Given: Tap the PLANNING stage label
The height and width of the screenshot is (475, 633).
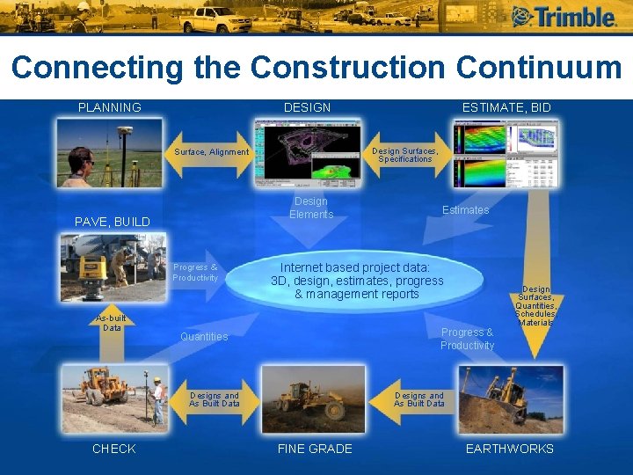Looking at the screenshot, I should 109,107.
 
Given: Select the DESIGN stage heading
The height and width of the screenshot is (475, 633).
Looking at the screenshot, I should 307,107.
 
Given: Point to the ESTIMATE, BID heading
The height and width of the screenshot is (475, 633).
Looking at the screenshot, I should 506,107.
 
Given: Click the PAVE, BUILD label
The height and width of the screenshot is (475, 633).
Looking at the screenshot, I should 112,222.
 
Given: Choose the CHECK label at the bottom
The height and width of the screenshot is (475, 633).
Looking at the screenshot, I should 114,449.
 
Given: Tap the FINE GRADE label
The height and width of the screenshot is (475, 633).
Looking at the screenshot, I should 315,449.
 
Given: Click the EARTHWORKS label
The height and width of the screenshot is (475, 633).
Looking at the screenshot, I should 510,449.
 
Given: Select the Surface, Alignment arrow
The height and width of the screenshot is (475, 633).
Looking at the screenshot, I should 211,152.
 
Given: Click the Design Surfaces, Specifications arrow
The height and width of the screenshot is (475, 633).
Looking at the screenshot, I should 404,155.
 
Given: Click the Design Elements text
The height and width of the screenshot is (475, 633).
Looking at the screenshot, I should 311,208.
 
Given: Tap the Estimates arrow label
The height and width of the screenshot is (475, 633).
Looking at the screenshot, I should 465,210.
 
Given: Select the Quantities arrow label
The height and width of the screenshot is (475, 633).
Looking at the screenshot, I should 204,337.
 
